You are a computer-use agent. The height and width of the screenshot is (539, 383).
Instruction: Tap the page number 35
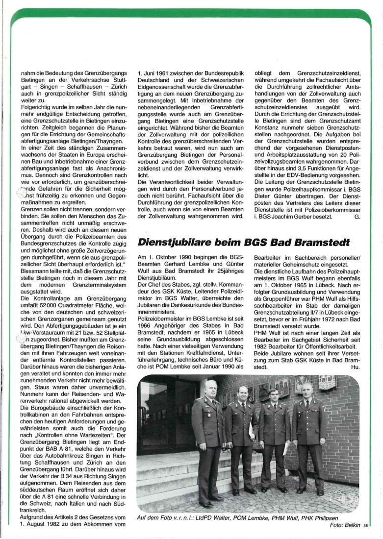click(x=366, y=527)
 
